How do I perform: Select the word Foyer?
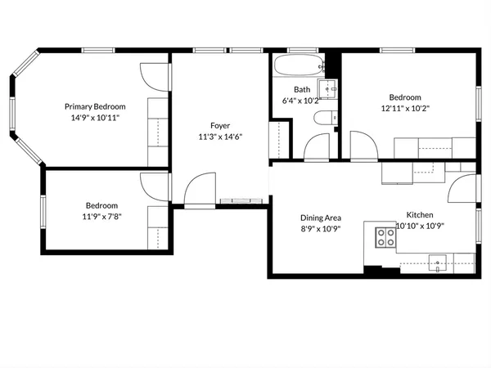(x=220, y=125)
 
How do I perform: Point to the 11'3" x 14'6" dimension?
(x=220, y=137)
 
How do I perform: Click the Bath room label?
(x=302, y=90)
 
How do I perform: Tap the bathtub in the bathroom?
(x=297, y=66)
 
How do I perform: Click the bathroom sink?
(x=331, y=88)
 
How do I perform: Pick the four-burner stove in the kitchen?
(x=385, y=237)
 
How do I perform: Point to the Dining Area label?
(x=321, y=218)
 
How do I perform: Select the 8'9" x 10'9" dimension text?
(x=321, y=229)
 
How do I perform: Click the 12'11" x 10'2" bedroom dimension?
(x=404, y=107)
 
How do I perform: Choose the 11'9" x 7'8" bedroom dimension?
(x=102, y=217)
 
